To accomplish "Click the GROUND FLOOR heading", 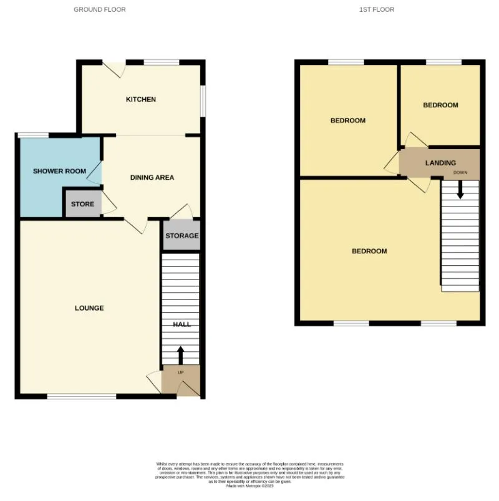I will pos(100,9).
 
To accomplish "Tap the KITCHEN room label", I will pos(141,99).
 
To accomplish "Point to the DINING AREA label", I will pos(152,177).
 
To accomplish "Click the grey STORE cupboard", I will pos(82,204).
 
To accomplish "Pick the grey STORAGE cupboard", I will pos(182,236).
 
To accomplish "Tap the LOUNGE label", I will pos(89,308).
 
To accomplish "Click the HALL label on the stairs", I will pos(182,324).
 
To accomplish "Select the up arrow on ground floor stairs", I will pos(181,355).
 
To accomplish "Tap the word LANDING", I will pos(440,163).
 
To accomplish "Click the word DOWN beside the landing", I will pos(460,172).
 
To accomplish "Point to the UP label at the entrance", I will pos(181,372).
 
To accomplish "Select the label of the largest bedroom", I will pos(369,251).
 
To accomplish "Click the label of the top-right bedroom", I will pos(440,105).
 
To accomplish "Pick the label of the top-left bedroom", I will pos(348,120).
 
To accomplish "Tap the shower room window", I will pos(33,135).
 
